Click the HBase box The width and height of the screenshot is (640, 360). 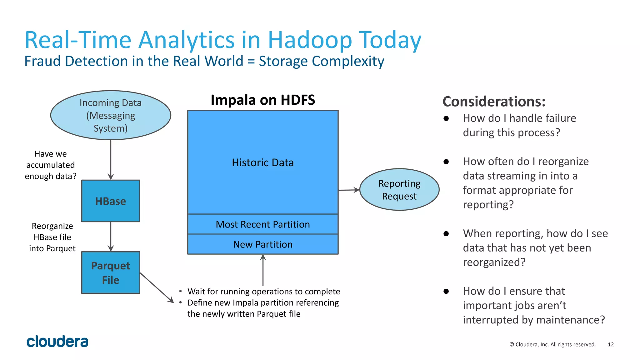(111, 201)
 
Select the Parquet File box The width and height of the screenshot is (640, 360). (111, 272)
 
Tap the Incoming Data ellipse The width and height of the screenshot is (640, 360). (111, 115)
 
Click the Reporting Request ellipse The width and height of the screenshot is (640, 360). (399, 190)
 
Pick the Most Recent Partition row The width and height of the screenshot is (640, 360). (263, 224)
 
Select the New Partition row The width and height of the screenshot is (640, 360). (263, 244)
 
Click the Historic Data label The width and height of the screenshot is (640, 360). (263, 162)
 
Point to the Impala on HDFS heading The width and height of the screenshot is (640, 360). (263, 100)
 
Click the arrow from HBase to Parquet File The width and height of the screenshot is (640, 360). (111, 237)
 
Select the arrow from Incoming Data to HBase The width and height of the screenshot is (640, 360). (111, 159)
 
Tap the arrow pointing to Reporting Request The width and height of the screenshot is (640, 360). (349, 190)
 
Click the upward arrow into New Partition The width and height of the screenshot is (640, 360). (263, 270)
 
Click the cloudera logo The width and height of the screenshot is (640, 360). (57, 342)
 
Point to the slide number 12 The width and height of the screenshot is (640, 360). (611, 344)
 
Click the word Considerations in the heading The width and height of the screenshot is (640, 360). (493, 102)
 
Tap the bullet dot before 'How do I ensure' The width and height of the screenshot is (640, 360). (446, 291)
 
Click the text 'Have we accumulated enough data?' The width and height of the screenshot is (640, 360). (51, 165)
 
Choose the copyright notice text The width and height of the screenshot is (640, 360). (552, 344)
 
